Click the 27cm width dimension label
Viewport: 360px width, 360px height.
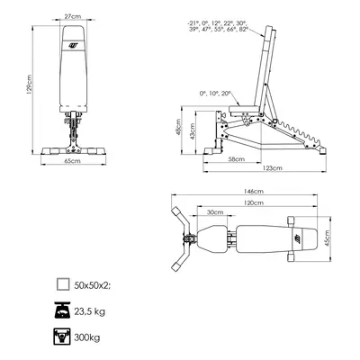73,16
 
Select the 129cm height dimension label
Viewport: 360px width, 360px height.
29,85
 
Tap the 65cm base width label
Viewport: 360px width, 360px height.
73,161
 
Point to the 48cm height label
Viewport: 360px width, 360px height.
178,127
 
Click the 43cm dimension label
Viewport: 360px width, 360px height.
193,130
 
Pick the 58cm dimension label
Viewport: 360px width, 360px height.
236,159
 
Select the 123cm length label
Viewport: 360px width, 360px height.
272,168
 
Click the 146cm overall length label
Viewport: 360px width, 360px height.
254,191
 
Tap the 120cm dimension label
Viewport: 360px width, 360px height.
254,202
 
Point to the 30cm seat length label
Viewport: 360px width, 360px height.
215,212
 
